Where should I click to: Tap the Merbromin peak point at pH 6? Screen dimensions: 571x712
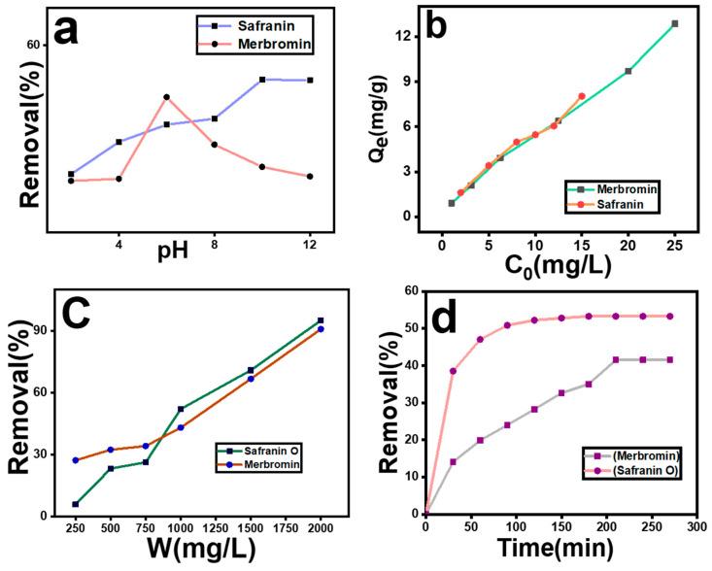pos(167,97)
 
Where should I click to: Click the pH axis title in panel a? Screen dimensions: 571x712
pos(186,250)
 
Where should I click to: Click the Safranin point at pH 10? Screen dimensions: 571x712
pos(262,80)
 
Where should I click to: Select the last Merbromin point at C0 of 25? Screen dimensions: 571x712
pos(674,23)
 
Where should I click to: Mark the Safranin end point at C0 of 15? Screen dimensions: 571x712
pos(582,96)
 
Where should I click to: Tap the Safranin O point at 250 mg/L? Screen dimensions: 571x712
pos(75,504)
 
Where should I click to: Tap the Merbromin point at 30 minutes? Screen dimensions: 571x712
pos(453,461)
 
